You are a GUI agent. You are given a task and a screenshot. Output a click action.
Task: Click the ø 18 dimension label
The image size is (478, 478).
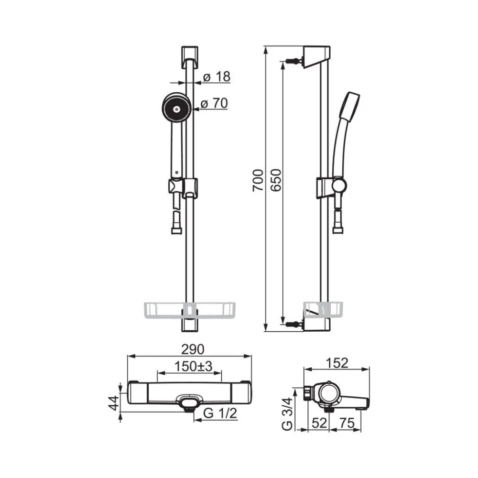tap(217, 77)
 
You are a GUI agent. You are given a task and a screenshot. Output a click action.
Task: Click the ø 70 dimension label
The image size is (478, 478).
tap(214, 103)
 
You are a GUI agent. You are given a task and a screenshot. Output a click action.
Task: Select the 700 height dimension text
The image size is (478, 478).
tap(258, 181)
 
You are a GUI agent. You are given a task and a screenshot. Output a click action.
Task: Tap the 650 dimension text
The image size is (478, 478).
tap(276, 180)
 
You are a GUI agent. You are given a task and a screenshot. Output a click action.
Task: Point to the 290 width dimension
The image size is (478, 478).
tap(193, 349)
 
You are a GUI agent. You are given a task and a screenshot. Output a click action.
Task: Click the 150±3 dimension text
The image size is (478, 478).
tap(193, 366)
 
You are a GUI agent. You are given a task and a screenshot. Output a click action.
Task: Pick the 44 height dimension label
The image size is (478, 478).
tap(115, 403)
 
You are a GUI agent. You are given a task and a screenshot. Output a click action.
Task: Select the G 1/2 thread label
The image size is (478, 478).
tap(220, 413)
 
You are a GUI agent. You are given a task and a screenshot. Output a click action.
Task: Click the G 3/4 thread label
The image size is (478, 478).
tap(287, 413)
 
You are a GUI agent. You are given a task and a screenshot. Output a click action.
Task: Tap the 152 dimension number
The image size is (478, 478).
tap(337, 363)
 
